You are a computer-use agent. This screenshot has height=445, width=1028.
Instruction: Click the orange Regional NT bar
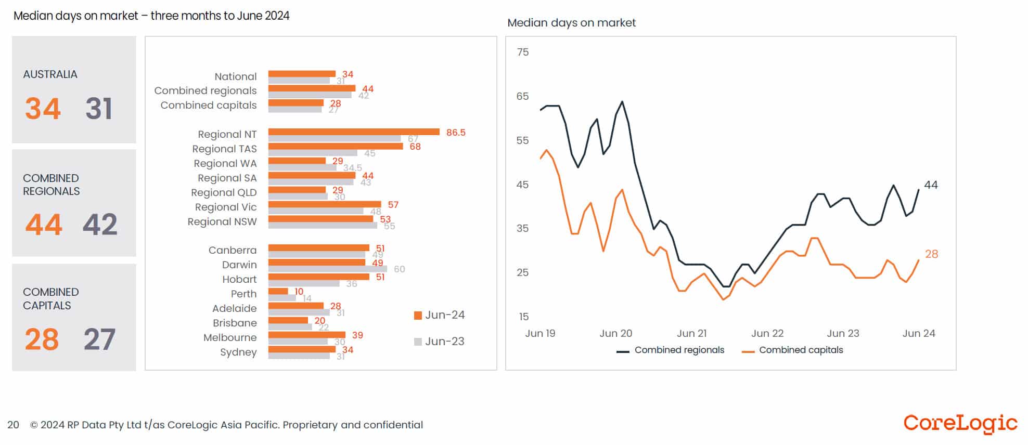354,132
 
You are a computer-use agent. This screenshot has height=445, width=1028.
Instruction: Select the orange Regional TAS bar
336,146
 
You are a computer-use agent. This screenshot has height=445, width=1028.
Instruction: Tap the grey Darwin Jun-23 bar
328,269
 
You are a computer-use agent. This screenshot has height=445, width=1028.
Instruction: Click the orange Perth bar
278,291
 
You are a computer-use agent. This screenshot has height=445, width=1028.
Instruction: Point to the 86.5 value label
456,133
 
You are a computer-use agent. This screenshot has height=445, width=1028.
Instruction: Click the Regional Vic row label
226,207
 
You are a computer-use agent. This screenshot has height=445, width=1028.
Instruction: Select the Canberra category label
233,250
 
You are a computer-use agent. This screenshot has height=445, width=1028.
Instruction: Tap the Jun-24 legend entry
440,315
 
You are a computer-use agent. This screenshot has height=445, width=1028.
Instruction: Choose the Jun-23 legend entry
440,342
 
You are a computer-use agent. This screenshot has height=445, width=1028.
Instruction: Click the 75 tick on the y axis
522,52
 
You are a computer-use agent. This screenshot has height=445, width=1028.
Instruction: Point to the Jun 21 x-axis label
691,333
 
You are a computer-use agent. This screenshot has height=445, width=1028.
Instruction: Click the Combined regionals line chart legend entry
671,350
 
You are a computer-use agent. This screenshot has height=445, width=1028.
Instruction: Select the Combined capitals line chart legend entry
793,350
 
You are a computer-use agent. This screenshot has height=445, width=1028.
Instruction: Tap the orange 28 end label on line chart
931,254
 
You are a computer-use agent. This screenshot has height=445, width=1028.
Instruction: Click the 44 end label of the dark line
931,185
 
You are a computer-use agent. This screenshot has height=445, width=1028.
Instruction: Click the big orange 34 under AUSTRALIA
43,109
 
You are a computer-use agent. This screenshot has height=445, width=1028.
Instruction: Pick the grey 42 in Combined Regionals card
100,225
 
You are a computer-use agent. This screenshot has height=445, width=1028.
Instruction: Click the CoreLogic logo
960,423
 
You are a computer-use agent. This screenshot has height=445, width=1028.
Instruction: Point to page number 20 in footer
13,425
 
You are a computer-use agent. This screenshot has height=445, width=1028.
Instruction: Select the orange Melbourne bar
307,335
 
